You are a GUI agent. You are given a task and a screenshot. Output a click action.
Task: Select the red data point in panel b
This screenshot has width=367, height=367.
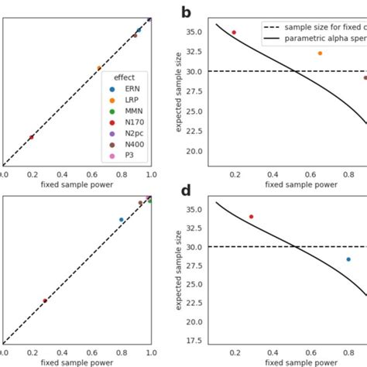click(x=234, y=33)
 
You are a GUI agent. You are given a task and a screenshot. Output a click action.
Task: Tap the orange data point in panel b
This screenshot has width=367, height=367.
click(x=320, y=53)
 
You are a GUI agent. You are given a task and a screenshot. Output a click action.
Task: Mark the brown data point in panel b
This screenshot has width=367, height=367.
click(x=365, y=77)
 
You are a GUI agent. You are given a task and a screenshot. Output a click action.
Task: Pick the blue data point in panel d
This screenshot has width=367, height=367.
click(x=348, y=259)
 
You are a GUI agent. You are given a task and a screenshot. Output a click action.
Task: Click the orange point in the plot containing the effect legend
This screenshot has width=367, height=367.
click(x=99, y=68)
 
